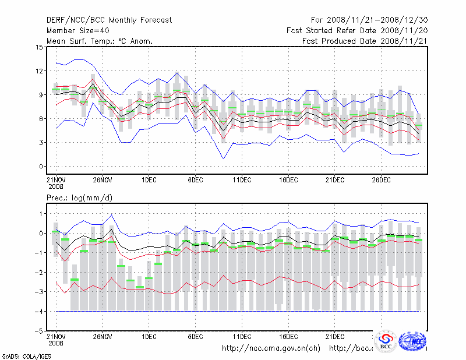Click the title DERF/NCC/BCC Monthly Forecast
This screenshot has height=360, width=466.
109,20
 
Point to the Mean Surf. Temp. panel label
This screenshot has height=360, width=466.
100,41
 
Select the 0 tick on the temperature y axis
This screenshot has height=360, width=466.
41,167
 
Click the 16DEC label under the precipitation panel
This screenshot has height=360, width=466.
288,337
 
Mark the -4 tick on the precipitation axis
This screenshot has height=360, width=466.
39,312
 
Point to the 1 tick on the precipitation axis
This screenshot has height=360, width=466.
41,214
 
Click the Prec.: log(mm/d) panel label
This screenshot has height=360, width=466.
79,199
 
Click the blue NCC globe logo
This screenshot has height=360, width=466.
412,341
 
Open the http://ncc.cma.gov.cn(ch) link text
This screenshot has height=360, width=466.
271,348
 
